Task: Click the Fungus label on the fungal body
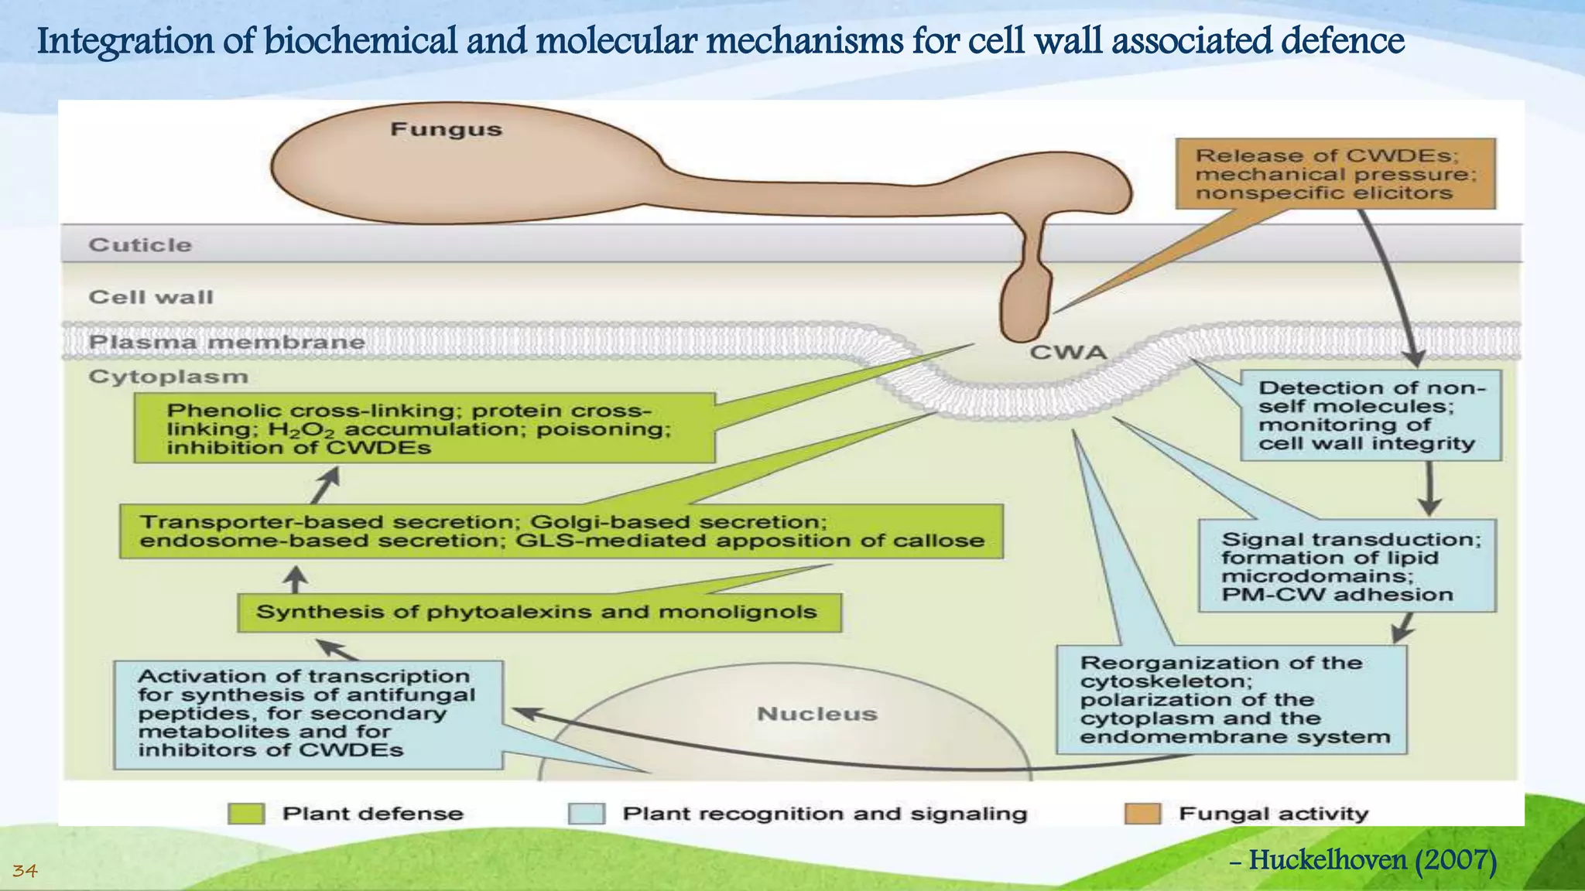(x=446, y=129)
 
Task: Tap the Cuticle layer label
(x=140, y=245)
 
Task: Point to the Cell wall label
(x=151, y=297)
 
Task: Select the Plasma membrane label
(x=226, y=342)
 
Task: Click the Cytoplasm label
(x=168, y=377)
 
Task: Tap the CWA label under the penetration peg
(x=1068, y=353)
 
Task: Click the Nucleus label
(x=816, y=713)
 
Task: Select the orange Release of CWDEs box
(x=1334, y=174)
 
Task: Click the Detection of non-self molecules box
(x=1370, y=415)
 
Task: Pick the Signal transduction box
(x=1347, y=566)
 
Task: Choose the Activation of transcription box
(x=308, y=713)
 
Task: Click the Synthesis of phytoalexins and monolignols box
(x=539, y=613)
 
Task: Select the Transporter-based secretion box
(x=561, y=531)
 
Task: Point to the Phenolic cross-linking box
(x=424, y=428)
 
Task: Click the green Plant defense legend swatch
(x=247, y=814)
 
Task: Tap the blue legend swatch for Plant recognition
(x=586, y=814)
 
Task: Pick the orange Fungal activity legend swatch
(x=1142, y=814)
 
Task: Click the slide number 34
(x=25, y=872)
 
